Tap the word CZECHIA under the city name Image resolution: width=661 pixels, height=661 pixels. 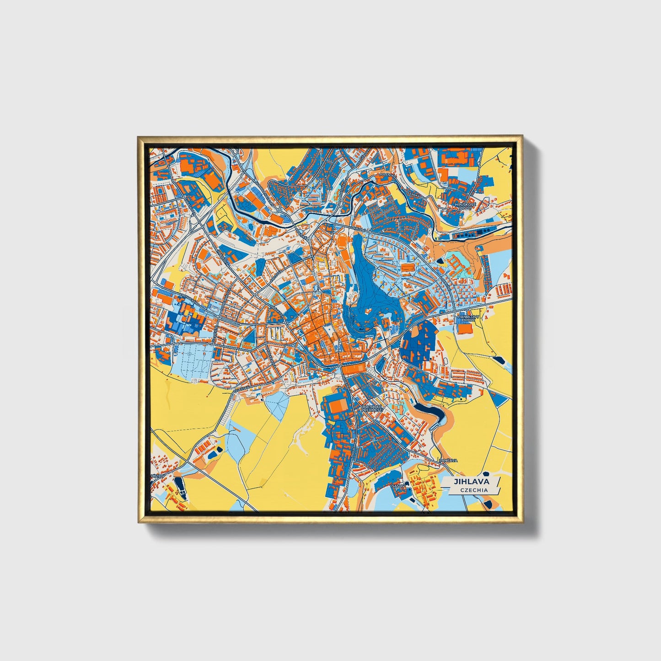coord(474,490)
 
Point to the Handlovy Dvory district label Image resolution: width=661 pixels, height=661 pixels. coord(466,318)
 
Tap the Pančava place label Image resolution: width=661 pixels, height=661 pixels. coord(447,461)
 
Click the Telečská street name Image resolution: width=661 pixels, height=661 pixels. coord(241,388)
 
